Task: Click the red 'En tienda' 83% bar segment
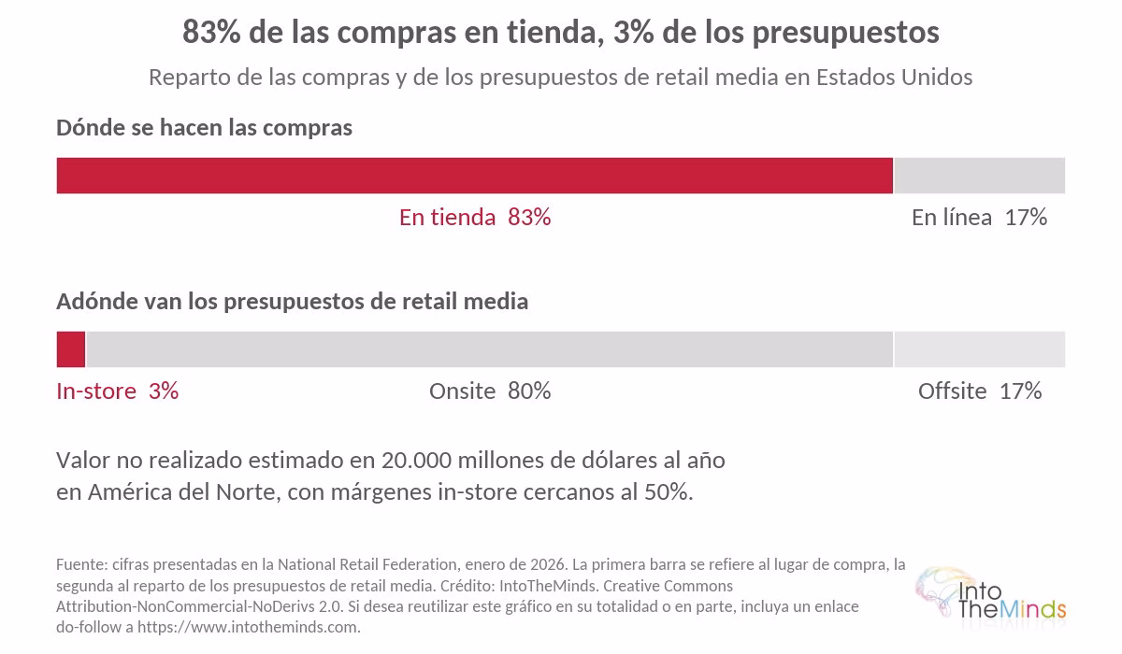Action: click(474, 176)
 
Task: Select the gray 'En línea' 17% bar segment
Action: click(980, 176)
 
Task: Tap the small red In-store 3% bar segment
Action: click(71, 349)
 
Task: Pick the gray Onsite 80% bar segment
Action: click(489, 349)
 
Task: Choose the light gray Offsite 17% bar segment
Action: click(980, 349)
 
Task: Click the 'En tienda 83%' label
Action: click(475, 218)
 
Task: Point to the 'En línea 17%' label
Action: click(979, 218)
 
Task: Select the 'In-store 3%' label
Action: click(117, 391)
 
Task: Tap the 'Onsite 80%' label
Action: click(490, 391)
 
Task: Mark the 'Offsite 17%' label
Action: click(980, 391)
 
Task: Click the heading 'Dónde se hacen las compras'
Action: click(205, 128)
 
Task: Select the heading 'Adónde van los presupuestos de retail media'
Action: click(292, 302)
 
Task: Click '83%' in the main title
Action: click(211, 32)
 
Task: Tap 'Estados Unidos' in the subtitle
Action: click(894, 77)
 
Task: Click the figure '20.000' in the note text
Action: click(417, 461)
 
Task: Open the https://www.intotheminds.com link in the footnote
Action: click(249, 627)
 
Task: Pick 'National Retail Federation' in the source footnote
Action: click(368, 564)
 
